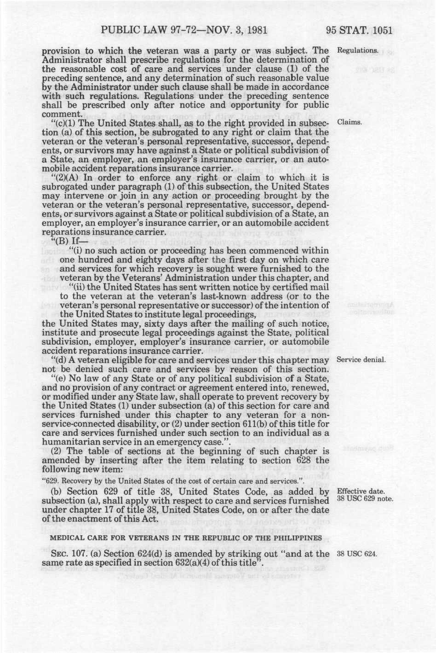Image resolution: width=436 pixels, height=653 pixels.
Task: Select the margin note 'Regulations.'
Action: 358,50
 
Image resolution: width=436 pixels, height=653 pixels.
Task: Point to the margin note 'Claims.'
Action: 350,123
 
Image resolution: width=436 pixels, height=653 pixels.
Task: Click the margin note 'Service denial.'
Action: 361,359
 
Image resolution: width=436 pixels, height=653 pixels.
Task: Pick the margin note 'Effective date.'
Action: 360,491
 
